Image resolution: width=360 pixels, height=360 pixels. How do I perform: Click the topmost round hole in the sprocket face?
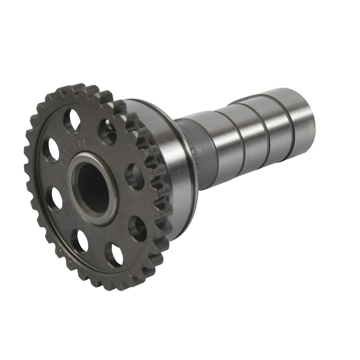click(x=72, y=121)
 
